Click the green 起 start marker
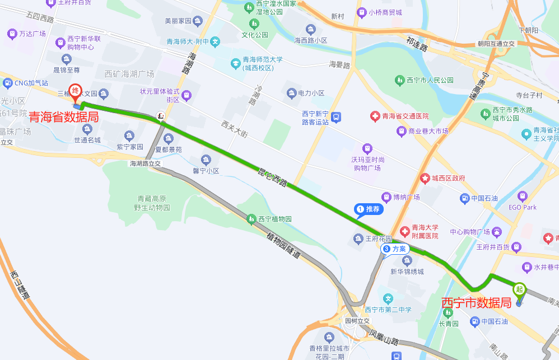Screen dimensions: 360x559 [x=519, y=289]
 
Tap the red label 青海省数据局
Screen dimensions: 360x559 [x=64, y=118]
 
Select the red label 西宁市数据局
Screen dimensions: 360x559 [x=476, y=303]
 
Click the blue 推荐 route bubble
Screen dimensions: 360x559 [x=369, y=209]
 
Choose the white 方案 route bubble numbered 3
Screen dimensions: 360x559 [x=394, y=249]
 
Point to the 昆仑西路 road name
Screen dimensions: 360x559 [x=272, y=176]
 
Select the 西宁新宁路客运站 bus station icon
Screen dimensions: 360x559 [x=336, y=118]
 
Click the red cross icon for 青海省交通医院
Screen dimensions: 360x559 [x=375, y=116]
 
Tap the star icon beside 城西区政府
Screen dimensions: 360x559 [x=425, y=178]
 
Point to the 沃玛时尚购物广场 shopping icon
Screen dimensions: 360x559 [x=367, y=148]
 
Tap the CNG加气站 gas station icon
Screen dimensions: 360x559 [x=7, y=83]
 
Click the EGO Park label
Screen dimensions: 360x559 [x=522, y=207]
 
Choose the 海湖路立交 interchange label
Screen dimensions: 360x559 [x=145, y=163]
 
